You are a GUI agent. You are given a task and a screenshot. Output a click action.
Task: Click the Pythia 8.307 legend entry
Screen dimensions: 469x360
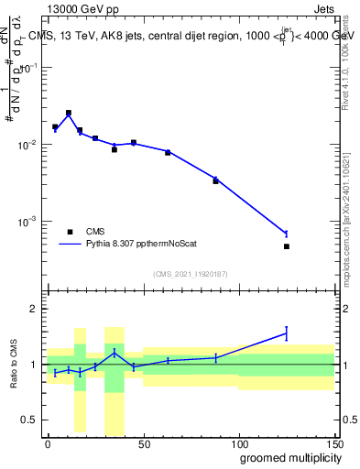tap(128, 245)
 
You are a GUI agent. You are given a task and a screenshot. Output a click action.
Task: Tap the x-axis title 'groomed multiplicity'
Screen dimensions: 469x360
tap(286, 457)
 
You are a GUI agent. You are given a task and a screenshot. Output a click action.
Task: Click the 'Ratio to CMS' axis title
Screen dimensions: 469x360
tap(13, 365)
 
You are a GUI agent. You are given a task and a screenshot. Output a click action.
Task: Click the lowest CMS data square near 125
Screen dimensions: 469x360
tap(287, 246)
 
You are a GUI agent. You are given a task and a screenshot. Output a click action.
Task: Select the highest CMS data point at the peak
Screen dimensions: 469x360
tap(69, 113)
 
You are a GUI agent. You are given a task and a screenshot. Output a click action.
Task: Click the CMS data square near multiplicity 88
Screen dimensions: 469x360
tap(216, 181)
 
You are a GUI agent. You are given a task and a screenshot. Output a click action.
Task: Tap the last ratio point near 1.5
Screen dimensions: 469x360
tap(287, 333)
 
